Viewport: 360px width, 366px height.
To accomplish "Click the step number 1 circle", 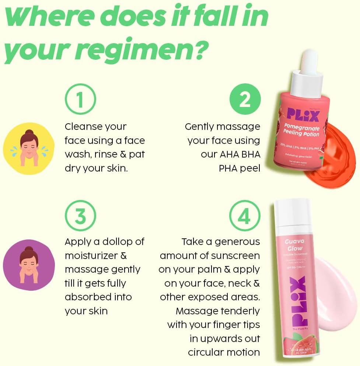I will (80, 99).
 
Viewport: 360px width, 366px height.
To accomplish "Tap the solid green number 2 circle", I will (245, 99).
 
